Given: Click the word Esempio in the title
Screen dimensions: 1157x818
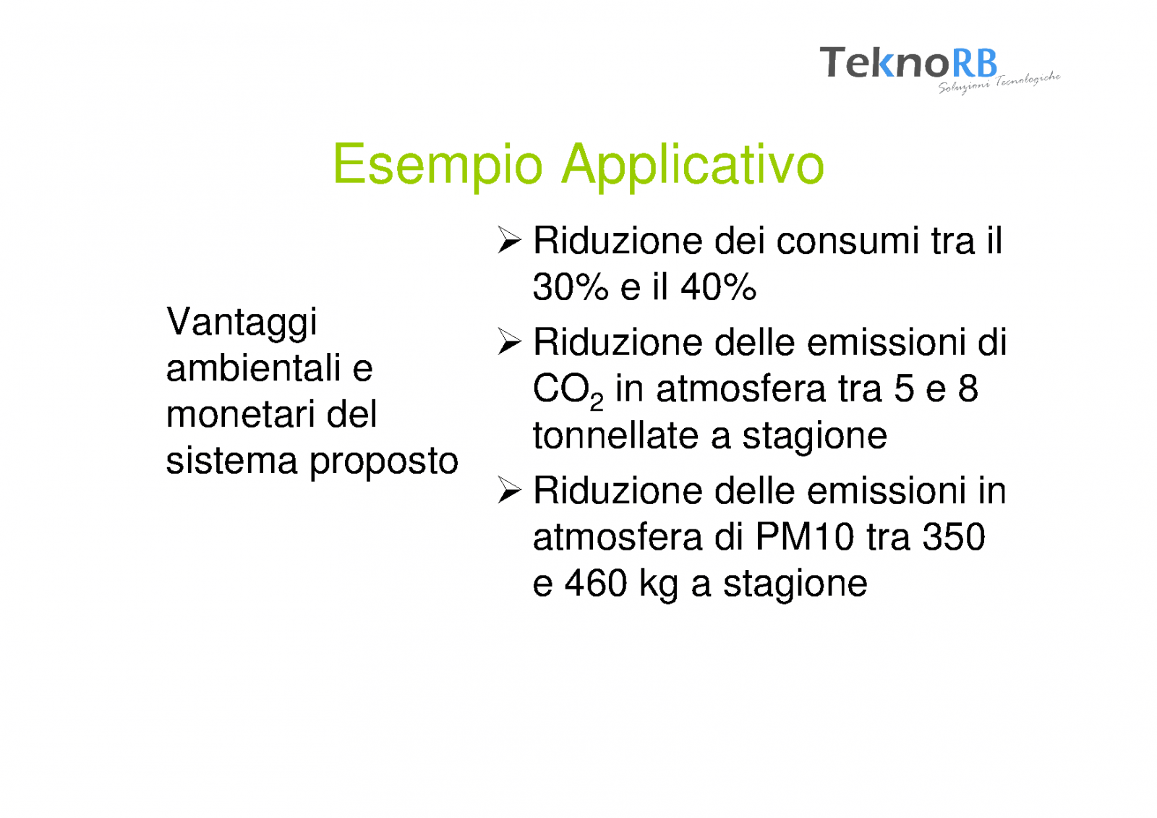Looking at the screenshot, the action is tap(438, 164).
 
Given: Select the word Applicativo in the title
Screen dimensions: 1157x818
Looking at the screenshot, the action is tap(693, 164).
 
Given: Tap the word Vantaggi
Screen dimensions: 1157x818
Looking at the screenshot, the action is tap(242, 323).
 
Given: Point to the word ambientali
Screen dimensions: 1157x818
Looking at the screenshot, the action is tap(253, 368).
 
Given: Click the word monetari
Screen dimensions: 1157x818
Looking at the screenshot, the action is tap(239, 414).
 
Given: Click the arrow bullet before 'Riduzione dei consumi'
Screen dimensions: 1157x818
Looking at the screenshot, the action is tap(509, 240).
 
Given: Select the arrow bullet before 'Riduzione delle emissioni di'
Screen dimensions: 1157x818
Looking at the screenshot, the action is tap(509, 341).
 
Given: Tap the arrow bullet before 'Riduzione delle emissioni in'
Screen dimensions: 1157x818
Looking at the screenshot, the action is tap(509, 490).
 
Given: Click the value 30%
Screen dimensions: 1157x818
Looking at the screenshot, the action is tap(571, 287).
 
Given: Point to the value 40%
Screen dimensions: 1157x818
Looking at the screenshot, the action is tap(719, 287).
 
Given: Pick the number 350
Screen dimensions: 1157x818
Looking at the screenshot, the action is tap(954, 537).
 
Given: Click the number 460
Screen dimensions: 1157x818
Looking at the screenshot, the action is tap(596, 584).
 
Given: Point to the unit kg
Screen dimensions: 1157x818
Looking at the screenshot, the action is tap(659, 586).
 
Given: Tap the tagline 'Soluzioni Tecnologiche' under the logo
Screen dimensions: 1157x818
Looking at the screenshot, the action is tap(999, 83).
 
